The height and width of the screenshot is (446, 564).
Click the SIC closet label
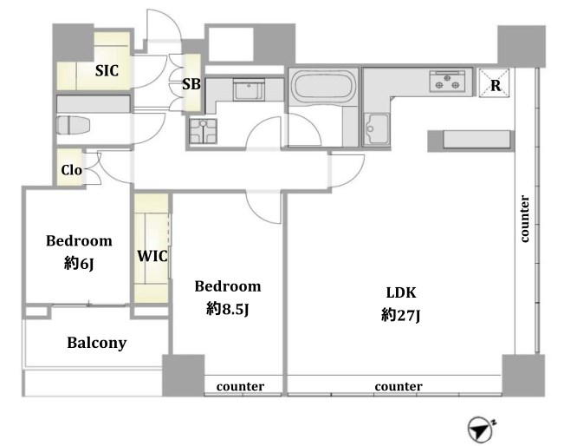(x=107, y=70)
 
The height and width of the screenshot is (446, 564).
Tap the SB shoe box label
(x=191, y=84)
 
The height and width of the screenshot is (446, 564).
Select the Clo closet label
(x=71, y=170)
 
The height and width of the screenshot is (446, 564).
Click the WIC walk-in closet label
(x=152, y=256)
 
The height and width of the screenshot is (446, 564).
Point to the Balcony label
(x=97, y=343)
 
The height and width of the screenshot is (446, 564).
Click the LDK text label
(x=401, y=292)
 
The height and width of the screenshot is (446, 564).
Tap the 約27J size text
(x=401, y=316)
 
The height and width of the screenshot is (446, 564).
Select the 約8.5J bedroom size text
(x=227, y=309)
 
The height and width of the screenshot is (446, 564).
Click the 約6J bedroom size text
(x=79, y=264)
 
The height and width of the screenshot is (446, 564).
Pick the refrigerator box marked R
(x=494, y=83)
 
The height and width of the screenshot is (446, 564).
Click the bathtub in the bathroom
(x=323, y=85)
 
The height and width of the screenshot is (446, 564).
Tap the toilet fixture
(x=73, y=126)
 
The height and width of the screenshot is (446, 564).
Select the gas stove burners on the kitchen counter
(x=447, y=81)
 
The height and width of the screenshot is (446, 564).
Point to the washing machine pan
(x=204, y=131)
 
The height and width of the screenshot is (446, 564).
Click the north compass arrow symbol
(x=481, y=429)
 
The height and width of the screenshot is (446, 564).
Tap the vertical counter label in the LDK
(x=525, y=219)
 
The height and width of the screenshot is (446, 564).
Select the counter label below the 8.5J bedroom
(x=240, y=386)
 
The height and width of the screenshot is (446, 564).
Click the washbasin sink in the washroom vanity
(x=249, y=89)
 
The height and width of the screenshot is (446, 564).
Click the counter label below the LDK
(x=399, y=386)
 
